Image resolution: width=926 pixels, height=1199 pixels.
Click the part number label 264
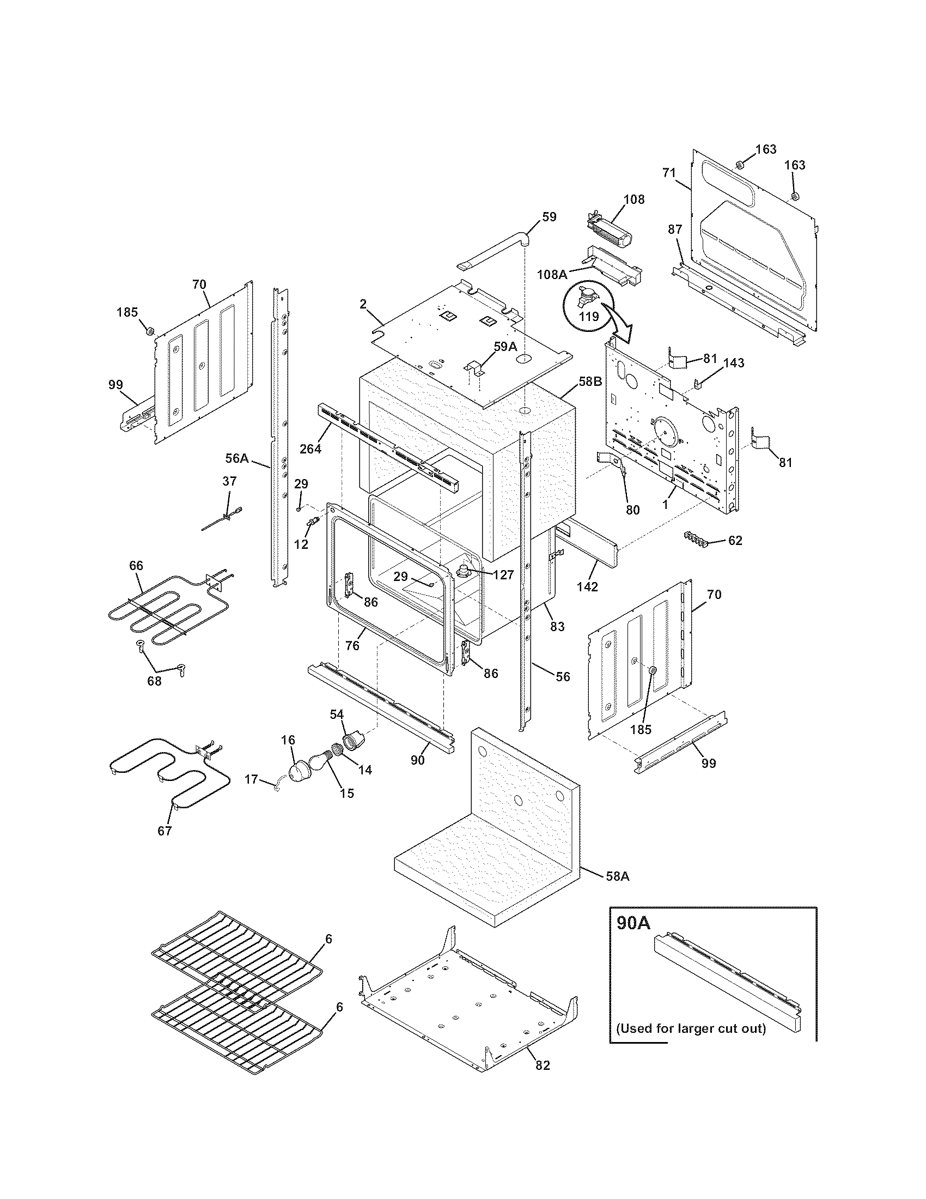point(310,449)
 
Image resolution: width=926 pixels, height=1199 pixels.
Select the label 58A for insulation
point(617,877)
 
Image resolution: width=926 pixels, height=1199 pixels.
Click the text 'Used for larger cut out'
point(691,1028)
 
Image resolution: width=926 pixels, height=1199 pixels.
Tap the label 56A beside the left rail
point(237,458)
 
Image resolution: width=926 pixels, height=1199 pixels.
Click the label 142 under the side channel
point(587,586)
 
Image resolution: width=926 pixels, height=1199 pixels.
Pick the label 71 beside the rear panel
point(668,173)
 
